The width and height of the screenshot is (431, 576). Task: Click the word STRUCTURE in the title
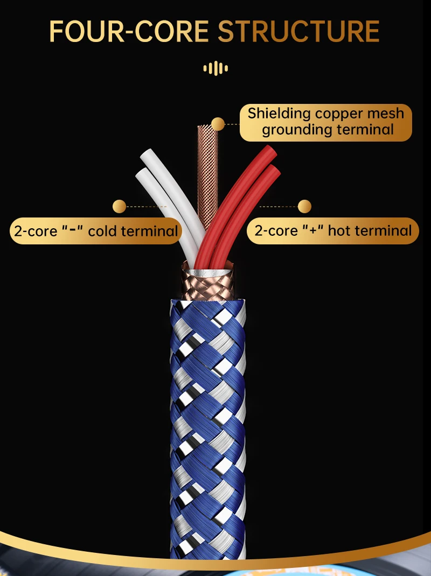tap(298, 32)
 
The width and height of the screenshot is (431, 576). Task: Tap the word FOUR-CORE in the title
tap(129, 32)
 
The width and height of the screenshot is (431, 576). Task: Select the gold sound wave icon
tap(215, 68)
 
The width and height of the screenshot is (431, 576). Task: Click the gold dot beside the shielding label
tap(218, 124)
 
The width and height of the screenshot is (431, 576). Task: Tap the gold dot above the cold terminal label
tap(119, 207)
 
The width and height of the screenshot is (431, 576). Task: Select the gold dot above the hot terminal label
tap(304, 207)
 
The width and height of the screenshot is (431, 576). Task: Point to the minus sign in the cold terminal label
tap(73, 229)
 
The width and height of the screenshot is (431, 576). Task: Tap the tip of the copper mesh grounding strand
tap(207, 127)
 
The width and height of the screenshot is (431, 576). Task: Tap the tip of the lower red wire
tap(274, 170)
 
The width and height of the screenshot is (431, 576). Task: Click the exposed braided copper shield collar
tap(207, 287)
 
